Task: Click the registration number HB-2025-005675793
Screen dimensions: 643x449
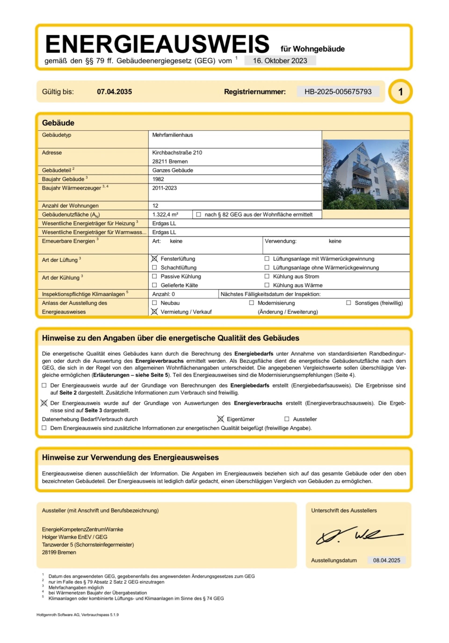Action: pyautogui.click(x=338, y=92)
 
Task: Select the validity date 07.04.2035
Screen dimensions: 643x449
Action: pyautogui.click(x=114, y=92)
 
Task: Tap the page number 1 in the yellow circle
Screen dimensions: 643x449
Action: pyautogui.click(x=400, y=92)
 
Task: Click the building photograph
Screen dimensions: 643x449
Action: pyautogui.click(x=366, y=174)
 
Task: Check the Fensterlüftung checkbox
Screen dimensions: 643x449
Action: pyautogui.click(x=154, y=259)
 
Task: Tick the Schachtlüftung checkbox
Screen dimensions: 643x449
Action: pyautogui.click(x=154, y=267)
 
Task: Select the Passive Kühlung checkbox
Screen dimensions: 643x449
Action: pyautogui.click(x=154, y=276)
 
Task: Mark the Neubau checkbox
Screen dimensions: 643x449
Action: pyautogui.click(x=154, y=303)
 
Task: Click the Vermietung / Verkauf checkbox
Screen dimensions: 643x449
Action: pyautogui.click(x=154, y=312)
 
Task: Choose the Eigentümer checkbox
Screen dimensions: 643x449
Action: pyautogui.click(x=221, y=419)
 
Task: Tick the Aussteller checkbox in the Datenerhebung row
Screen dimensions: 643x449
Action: pyautogui.click(x=287, y=419)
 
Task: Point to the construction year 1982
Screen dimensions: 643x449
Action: pyautogui.click(x=158, y=179)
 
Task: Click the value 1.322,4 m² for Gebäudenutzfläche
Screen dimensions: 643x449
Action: pyautogui.click(x=165, y=214)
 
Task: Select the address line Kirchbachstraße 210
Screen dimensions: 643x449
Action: pyautogui.click(x=177, y=153)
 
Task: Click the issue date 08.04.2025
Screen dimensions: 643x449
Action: pyautogui.click(x=386, y=560)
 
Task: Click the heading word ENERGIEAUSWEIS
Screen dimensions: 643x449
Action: pyautogui.click(x=157, y=44)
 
